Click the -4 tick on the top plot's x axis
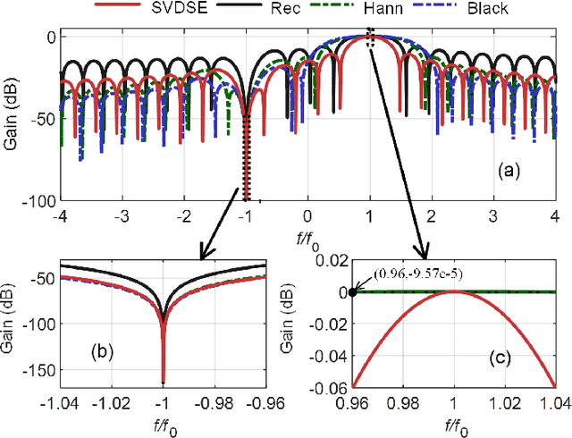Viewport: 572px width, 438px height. [60, 217]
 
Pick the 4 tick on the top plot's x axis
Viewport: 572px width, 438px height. [555, 217]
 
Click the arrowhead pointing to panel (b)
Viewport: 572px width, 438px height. [203, 256]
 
